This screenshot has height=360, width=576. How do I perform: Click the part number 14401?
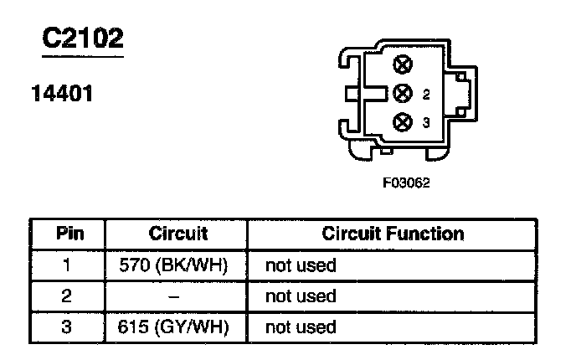(x=62, y=94)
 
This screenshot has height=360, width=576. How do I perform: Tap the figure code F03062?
(x=406, y=183)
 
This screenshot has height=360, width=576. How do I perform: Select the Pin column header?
(x=68, y=234)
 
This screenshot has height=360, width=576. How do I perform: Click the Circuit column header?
(x=177, y=234)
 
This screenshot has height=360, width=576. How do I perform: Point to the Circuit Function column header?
(x=393, y=234)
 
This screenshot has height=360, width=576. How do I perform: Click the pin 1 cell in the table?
(x=68, y=266)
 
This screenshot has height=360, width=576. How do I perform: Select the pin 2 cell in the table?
(x=68, y=296)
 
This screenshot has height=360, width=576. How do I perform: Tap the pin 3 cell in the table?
(x=68, y=327)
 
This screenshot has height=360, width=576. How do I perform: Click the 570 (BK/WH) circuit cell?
(x=177, y=266)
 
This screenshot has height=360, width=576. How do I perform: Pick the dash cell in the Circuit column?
(x=177, y=296)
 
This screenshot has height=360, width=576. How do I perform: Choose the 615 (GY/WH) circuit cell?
(x=177, y=327)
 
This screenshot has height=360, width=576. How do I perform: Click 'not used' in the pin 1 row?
(x=301, y=266)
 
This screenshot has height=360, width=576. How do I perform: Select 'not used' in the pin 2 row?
(x=301, y=296)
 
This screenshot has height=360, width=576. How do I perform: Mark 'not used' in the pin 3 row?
(x=301, y=327)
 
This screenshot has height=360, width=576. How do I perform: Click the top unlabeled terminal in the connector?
(x=404, y=64)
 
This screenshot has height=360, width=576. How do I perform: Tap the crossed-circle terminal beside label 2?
(x=404, y=93)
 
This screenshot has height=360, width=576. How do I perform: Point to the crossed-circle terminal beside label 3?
(x=404, y=121)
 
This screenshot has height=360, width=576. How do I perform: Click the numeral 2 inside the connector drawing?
(x=426, y=94)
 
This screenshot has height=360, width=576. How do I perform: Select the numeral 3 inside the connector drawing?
(x=426, y=122)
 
